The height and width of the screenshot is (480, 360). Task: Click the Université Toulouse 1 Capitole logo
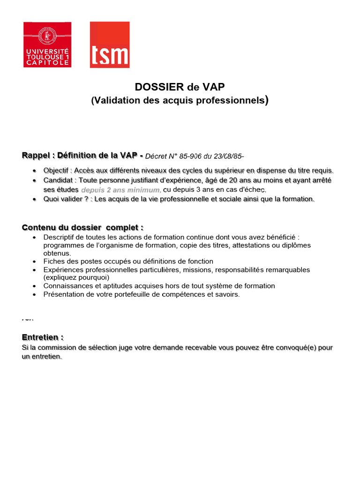click(47, 45)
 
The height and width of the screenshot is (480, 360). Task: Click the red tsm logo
click(109, 45)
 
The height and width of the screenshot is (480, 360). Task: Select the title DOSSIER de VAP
click(180, 87)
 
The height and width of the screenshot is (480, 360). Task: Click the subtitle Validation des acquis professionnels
click(180, 100)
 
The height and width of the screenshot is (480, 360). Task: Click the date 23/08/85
click(229, 156)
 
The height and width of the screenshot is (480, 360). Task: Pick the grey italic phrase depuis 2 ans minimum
click(121, 190)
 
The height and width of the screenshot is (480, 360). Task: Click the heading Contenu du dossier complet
click(82, 227)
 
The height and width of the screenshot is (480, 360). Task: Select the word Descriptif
click(60, 237)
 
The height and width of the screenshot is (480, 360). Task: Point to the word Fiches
click(53, 261)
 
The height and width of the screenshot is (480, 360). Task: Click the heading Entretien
click(42, 337)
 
